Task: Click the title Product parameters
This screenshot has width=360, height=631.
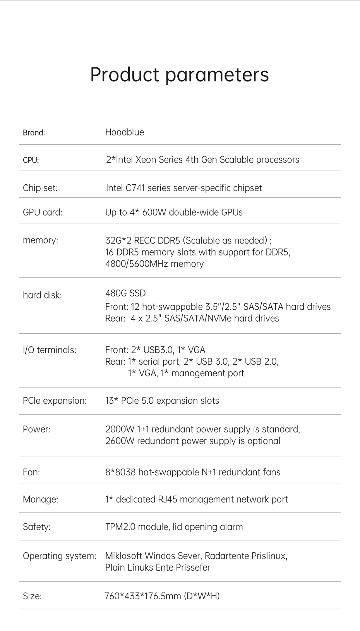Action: pyautogui.click(x=179, y=75)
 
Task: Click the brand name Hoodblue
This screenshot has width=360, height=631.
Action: pyautogui.click(x=125, y=132)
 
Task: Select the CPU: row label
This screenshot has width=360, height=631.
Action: pyautogui.click(x=31, y=160)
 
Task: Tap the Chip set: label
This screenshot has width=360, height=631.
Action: pyautogui.click(x=40, y=188)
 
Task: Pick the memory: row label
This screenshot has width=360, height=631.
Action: pyautogui.click(x=40, y=240)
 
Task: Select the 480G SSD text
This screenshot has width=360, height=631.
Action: pyautogui.click(x=125, y=293)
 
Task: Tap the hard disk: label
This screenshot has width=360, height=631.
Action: pyautogui.click(x=42, y=295)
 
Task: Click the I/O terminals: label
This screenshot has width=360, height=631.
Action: pyautogui.click(x=50, y=350)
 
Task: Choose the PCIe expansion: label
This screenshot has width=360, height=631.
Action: pyautogui.click(x=55, y=401)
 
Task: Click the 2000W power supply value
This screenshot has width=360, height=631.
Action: pyautogui.click(x=119, y=429)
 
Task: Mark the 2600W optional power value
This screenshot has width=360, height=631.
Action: pyautogui.click(x=119, y=441)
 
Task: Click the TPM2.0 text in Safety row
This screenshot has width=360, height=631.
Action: pyautogui.click(x=120, y=527)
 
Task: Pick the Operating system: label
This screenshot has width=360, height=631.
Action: pyautogui.click(x=59, y=556)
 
